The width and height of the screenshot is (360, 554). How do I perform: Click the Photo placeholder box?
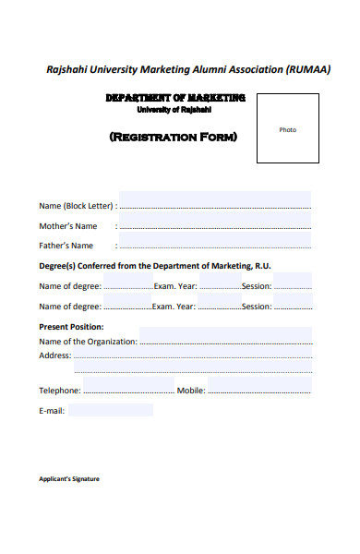pyautogui.click(x=288, y=128)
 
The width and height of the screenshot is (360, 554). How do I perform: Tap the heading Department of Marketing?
pyautogui.click(x=175, y=98)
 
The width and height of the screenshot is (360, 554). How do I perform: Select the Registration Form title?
pyautogui.click(x=174, y=138)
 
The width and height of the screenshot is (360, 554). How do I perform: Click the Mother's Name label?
pyautogui.click(x=67, y=226)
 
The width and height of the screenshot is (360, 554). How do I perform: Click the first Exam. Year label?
pyautogui.click(x=174, y=286)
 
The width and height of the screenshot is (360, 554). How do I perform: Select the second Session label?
pyautogui.click(x=257, y=307)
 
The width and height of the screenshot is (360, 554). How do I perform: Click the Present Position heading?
pyautogui.click(x=71, y=327)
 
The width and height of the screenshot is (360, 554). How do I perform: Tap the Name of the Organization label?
pyautogui.click(x=88, y=342)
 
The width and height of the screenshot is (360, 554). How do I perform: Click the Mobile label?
pyautogui.click(x=190, y=391)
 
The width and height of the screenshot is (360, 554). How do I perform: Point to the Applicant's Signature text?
pyautogui.click(x=69, y=479)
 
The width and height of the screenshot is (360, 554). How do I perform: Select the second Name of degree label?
pyautogui.click(x=70, y=307)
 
